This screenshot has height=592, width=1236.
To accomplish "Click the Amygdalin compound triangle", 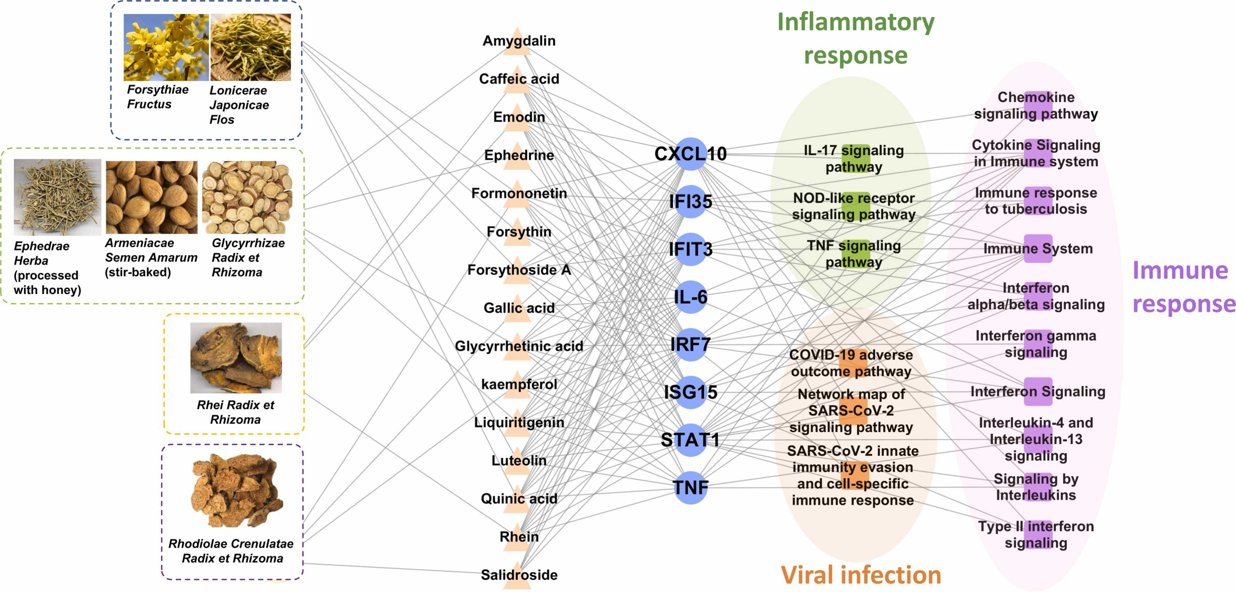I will (517, 41).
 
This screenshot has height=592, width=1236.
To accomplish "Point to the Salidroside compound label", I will (519, 575).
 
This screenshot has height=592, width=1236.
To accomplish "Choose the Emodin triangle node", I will (517, 117).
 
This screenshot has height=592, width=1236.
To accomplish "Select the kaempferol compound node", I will (517, 384).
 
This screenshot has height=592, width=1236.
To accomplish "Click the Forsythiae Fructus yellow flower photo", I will (166, 47).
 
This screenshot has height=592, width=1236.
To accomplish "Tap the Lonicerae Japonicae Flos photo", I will (251, 47).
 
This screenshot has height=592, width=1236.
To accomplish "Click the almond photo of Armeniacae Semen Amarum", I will (151, 197).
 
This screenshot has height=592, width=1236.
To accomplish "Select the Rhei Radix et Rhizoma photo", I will (236, 358).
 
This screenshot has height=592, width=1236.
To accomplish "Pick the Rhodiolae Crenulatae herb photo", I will (235, 490).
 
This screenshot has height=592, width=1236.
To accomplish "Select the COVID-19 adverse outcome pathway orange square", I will (853, 363).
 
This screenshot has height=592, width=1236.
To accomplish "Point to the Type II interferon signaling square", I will (1037, 534).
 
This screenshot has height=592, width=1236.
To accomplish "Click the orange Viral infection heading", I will (861, 575).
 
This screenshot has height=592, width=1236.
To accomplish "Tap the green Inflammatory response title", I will (856, 38).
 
